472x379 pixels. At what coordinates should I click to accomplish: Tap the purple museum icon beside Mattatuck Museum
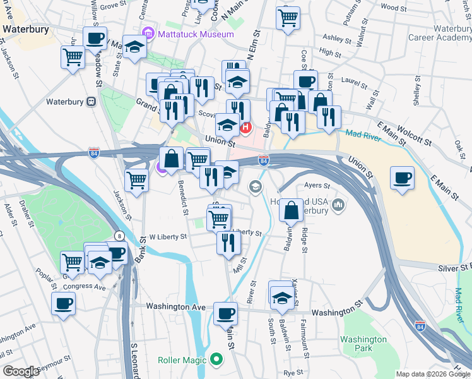click(148, 33)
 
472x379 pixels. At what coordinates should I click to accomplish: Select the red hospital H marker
click(246, 128)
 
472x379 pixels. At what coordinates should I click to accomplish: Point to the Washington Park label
click(363, 344)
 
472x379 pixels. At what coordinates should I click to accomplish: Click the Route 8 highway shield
click(119, 236)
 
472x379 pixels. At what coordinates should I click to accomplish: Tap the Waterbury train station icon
click(91, 101)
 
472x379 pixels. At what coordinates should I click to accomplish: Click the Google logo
click(20, 371)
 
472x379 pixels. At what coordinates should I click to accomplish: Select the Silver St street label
click(454, 268)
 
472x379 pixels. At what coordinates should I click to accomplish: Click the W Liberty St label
click(168, 237)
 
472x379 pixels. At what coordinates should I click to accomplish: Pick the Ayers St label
click(317, 186)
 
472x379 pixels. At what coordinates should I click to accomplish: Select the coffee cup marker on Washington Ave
click(225, 313)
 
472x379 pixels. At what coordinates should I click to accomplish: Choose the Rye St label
click(293, 373)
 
